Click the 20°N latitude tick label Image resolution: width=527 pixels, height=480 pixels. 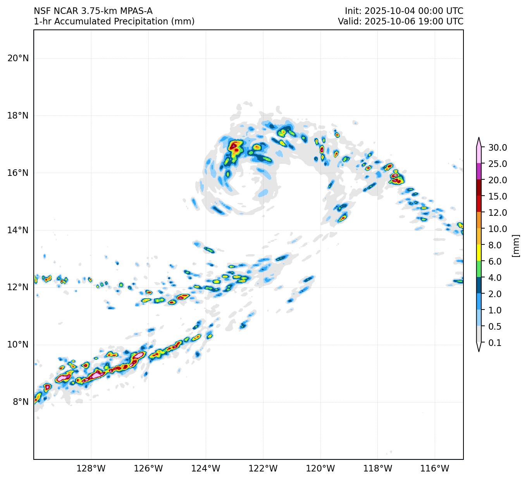(x=18, y=58)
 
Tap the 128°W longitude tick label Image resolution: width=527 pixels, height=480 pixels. (x=91, y=469)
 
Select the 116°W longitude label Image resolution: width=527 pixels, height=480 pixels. (x=435, y=469)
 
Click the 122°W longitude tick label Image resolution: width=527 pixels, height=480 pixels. (x=263, y=469)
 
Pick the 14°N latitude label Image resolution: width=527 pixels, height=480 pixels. (x=18, y=231)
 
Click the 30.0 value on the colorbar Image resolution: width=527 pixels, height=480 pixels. (x=498, y=148)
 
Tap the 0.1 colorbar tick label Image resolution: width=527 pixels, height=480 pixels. (x=495, y=343)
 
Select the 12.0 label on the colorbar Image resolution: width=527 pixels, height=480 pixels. (x=498, y=213)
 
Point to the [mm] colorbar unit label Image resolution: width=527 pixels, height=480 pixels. (x=515, y=245)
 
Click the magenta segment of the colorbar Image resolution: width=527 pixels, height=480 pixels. (x=479, y=171)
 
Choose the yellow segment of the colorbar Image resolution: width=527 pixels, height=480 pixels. (x=479, y=253)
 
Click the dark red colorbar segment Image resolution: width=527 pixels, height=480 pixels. (x=479, y=188)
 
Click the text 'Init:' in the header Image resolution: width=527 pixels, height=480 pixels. (x=353, y=11)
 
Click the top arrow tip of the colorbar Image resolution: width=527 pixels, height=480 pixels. (x=479, y=138)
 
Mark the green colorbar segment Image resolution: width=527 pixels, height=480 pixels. (x=479, y=269)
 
